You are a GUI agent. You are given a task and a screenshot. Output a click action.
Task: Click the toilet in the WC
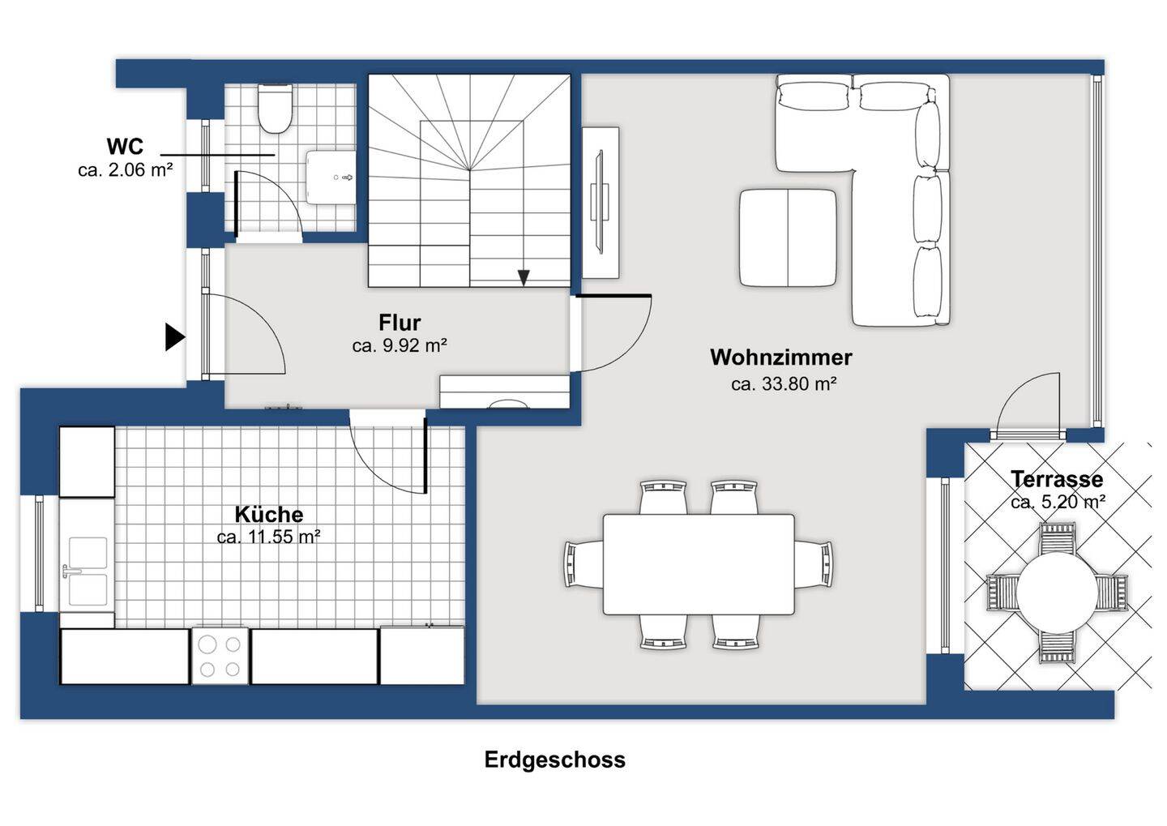click(275, 109)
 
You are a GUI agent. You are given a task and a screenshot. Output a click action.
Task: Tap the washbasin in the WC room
click(331, 178)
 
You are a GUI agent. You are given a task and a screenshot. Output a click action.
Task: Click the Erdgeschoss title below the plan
click(555, 760)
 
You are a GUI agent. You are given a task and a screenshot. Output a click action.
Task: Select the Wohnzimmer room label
click(781, 357)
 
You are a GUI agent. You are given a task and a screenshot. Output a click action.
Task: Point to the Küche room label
click(269, 515)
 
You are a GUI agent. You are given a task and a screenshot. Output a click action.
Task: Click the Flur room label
click(400, 323)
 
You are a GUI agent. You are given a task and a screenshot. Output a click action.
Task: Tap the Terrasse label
click(1057, 479)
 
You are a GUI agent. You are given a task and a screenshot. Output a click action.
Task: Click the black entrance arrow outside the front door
click(175, 336)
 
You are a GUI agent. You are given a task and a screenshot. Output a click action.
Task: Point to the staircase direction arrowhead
click(524, 278)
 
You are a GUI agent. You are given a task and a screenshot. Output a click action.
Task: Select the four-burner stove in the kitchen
click(220, 657)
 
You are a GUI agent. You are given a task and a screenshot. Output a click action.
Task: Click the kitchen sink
click(87, 571)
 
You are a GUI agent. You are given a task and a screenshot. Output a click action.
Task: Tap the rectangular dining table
click(699, 565)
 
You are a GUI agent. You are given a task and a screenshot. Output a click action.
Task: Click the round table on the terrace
click(1057, 593)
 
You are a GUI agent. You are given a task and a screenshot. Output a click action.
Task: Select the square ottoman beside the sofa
click(789, 238)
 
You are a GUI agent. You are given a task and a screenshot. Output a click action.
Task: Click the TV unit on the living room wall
click(601, 203)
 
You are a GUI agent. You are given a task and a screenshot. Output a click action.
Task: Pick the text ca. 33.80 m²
click(784, 384)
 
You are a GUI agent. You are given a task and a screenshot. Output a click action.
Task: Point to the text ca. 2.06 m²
click(125, 170)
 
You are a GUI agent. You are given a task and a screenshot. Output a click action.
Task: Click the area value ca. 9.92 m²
click(400, 345)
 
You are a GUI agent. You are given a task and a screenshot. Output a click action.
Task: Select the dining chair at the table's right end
click(814, 564)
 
